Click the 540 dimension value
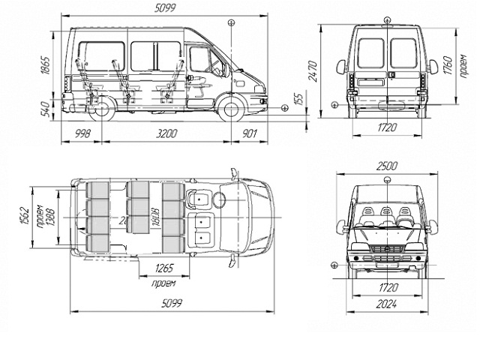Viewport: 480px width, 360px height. coord(44,109)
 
